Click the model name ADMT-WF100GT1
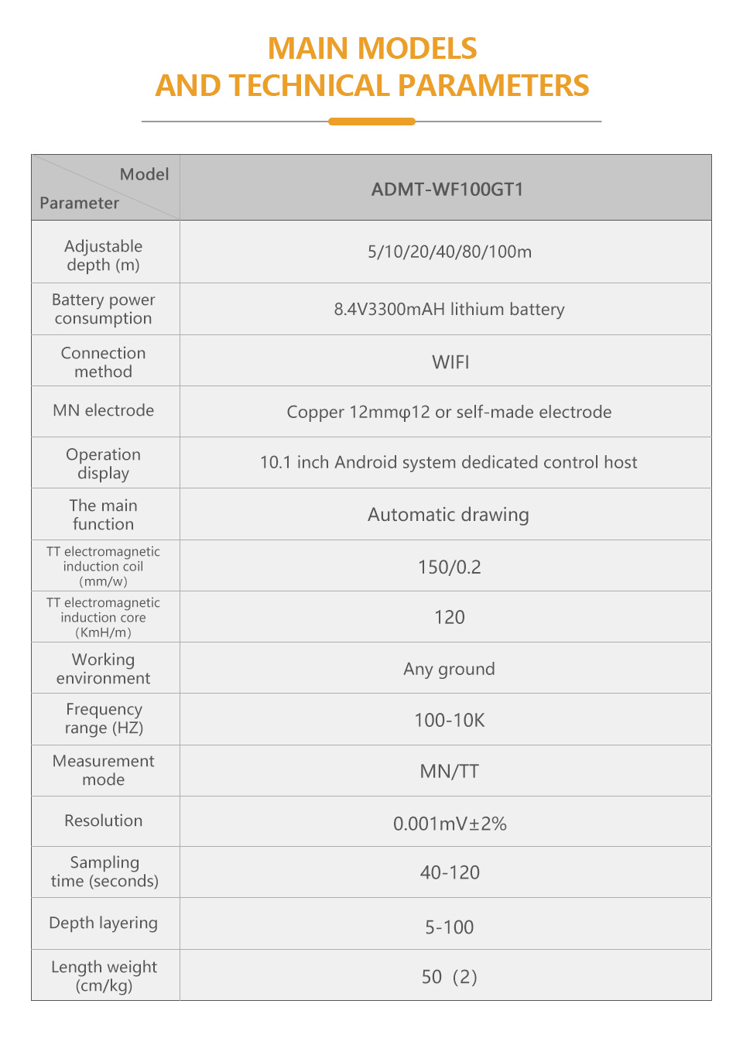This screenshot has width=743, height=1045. click(x=447, y=190)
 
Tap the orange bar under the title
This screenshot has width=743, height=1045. click(x=371, y=122)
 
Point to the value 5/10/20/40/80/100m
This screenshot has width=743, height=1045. click(x=449, y=252)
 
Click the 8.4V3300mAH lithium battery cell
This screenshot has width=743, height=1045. click(x=449, y=310)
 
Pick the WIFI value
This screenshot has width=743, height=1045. click(x=450, y=362)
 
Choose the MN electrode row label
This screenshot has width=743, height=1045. click(x=104, y=410)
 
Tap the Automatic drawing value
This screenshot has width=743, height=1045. click(x=448, y=515)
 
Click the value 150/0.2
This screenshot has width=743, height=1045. click(x=449, y=567)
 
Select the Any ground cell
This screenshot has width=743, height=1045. click(x=449, y=669)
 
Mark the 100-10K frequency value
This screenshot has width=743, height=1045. click(x=449, y=721)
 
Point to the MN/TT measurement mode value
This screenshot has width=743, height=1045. click(x=449, y=772)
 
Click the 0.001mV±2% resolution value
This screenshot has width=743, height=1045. click(x=449, y=824)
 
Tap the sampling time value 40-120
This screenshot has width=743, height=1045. click(x=449, y=873)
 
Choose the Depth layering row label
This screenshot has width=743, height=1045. click(x=104, y=923)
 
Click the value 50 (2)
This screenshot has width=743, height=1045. click(x=449, y=977)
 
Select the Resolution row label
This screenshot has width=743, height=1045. click(x=104, y=821)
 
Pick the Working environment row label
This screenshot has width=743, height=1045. click(x=104, y=669)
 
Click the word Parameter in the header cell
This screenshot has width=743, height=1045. click(x=79, y=203)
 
